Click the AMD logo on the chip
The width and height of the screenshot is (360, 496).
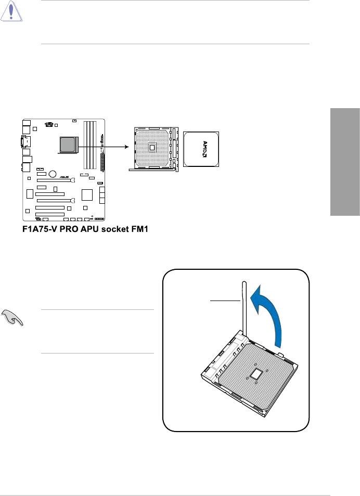[202, 149]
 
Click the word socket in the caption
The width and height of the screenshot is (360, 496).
[112, 229]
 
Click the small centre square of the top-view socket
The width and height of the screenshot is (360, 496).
[152, 147]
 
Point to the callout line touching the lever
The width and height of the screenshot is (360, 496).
[224, 300]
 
